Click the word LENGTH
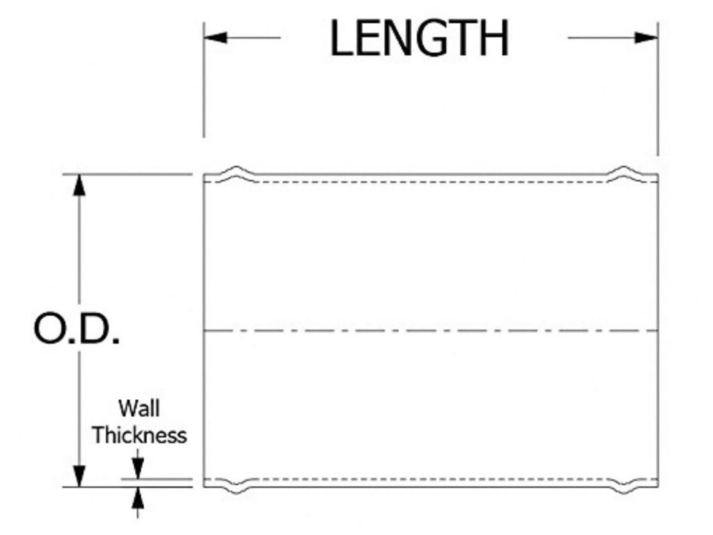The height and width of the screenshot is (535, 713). tap(419, 38)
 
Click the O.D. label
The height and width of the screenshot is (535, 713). tap(76, 330)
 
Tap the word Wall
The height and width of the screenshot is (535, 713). tap(138, 408)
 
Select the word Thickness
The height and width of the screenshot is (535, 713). tap(139, 435)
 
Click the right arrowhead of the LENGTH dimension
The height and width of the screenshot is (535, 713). tap(646, 37)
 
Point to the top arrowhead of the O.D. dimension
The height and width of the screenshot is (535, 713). tap(80, 184)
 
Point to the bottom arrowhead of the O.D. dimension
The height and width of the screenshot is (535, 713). tap(80, 476)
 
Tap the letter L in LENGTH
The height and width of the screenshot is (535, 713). tap(341, 38)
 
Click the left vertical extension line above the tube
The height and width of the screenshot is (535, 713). tap(203, 89)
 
